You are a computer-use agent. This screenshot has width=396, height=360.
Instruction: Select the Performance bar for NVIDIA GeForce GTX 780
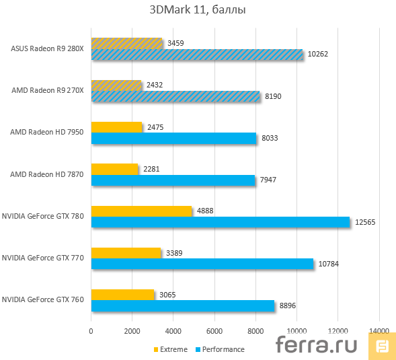[x=220, y=222]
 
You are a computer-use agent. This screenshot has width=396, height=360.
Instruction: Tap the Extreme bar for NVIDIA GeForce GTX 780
[x=141, y=211]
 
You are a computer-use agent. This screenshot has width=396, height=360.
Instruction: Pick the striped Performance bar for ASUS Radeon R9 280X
[x=196, y=55]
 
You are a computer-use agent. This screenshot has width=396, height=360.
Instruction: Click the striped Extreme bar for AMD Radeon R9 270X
[x=116, y=85]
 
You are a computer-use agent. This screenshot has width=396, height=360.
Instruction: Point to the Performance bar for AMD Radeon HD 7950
[x=173, y=138]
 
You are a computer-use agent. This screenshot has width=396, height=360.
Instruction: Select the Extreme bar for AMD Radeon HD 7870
[x=114, y=169]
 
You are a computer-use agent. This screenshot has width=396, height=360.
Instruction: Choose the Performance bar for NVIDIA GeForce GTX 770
[x=202, y=264]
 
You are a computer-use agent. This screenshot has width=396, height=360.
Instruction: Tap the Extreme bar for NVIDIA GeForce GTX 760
[x=122, y=294]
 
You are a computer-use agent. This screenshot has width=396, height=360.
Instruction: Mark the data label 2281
[x=152, y=169]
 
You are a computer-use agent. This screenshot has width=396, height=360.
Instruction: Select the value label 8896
[x=287, y=305]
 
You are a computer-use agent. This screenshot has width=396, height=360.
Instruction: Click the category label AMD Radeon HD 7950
[x=46, y=132]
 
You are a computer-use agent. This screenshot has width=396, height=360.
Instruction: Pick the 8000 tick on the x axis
[x=255, y=330]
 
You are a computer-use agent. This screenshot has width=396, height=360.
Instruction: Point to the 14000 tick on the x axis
[x=379, y=330]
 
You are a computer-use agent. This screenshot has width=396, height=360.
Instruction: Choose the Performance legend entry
[x=219, y=349]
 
